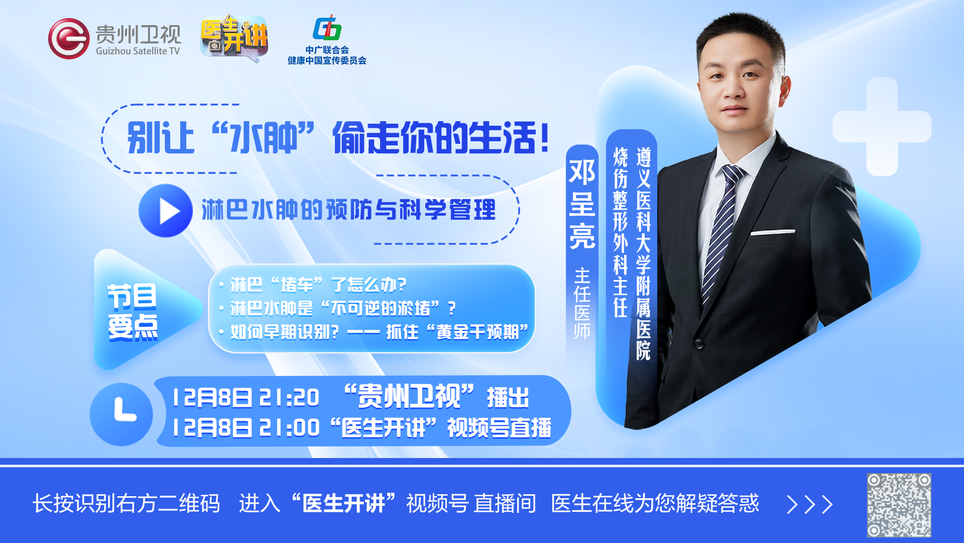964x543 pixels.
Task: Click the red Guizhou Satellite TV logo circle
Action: coord(69,39)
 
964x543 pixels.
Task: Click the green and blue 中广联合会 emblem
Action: coord(327,28)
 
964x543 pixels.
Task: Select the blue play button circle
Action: coord(166,211)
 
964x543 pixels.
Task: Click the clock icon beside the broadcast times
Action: coord(122,414)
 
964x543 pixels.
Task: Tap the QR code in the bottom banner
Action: coord(899,505)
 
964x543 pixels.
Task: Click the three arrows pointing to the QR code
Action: coord(809,504)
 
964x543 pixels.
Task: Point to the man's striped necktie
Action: coord(723,231)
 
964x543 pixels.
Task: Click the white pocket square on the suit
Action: coord(773,232)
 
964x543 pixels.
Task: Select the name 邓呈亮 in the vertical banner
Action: coord(582,204)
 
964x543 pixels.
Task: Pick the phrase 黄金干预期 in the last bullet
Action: coord(477,332)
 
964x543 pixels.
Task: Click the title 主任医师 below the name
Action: coord(582,304)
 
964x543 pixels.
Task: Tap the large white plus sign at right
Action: coord(882,127)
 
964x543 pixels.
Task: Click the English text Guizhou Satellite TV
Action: coord(138,51)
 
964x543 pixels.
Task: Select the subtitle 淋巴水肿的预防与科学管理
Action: coord(348,210)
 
